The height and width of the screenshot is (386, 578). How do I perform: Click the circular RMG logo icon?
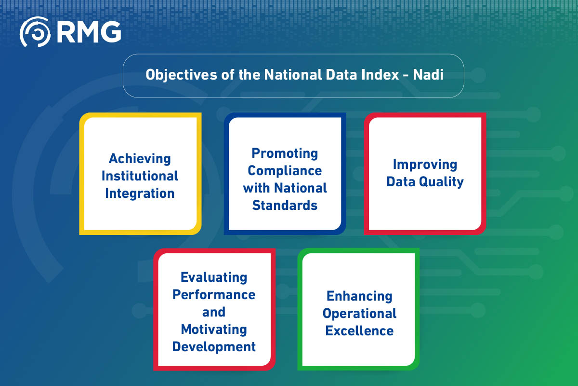pyautogui.click(x=35, y=32)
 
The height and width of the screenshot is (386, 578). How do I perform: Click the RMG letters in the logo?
pyautogui.click(x=89, y=32)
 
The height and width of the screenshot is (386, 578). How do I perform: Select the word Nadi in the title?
pyautogui.click(x=428, y=76)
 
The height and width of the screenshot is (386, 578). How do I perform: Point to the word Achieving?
pyautogui.click(x=140, y=158)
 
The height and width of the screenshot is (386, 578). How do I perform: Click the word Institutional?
pyautogui.click(x=140, y=176)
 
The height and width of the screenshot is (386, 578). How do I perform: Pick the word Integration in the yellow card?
pyautogui.click(x=140, y=193)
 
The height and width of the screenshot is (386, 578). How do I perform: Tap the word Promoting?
pyautogui.click(x=285, y=153)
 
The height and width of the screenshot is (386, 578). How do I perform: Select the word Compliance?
pyautogui.click(x=285, y=171)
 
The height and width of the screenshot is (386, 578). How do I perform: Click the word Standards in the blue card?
pyautogui.click(x=285, y=206)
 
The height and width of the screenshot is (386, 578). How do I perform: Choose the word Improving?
pyautogui.click(x=425, y=164)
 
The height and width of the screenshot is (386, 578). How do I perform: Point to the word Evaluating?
pyautogui.click(x=214, y=277)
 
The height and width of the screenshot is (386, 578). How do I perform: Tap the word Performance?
pyautogui.click(x=214, y=294)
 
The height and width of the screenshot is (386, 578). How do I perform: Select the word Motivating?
pyautogui.click(x=214, y=329)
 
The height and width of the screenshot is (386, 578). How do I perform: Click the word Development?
pyautogui.click(x=214, y=346)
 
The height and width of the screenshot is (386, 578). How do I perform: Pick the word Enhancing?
pyautogui.click(x=359, y=296)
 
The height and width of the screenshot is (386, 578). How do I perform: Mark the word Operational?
pyautogui.click(x=359, y=313)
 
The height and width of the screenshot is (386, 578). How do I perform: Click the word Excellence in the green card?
pyautogui.click(x=359, y=331)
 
